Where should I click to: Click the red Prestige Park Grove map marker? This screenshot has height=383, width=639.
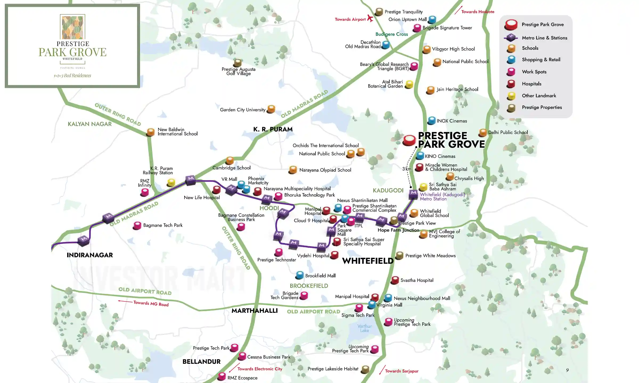409,140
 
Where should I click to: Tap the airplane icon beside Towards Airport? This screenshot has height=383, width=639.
370,18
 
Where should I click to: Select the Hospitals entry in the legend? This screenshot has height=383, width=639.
531,84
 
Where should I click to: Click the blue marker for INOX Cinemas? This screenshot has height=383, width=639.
431,121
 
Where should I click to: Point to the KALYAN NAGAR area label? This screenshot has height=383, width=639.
89,124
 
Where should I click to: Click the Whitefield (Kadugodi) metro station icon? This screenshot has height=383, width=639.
413,194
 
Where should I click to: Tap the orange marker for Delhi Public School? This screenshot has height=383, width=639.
483,132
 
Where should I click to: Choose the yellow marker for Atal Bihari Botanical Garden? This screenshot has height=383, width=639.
409,85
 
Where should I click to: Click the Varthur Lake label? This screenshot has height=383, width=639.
364,328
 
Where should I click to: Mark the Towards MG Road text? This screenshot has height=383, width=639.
151,304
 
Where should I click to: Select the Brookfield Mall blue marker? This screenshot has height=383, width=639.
300,275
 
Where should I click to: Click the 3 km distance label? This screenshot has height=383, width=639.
407,169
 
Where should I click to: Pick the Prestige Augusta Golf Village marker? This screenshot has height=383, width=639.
237,63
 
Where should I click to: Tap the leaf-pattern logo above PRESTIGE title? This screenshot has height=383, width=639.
72,27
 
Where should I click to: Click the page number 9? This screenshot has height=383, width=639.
567,370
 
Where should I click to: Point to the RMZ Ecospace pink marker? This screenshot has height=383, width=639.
222,376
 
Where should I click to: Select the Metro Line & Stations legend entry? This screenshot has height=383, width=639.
544,38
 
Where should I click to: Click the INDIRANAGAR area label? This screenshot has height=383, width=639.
90,255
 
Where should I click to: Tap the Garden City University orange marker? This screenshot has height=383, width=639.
271,109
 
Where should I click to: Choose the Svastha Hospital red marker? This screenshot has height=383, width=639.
395,280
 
